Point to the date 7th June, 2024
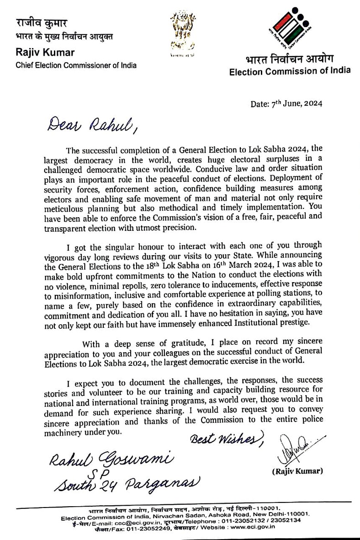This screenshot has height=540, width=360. tap(286, 104)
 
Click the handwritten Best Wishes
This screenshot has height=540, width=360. tap(227, 439)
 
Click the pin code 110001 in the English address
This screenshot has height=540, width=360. tap(293, 514)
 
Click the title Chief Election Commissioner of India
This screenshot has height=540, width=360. tap(76, 65)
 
